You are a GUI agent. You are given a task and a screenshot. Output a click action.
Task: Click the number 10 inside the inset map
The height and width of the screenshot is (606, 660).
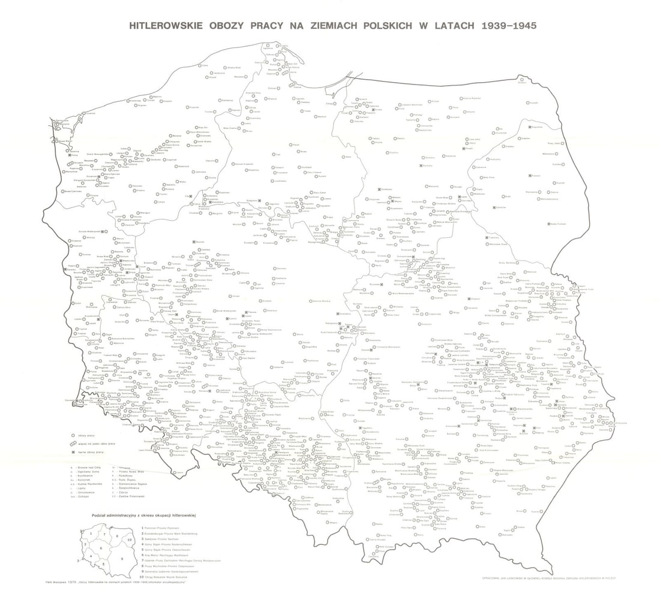point(130,540)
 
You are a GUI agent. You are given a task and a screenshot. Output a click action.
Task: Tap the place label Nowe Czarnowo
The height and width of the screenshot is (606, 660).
point(73,191)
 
